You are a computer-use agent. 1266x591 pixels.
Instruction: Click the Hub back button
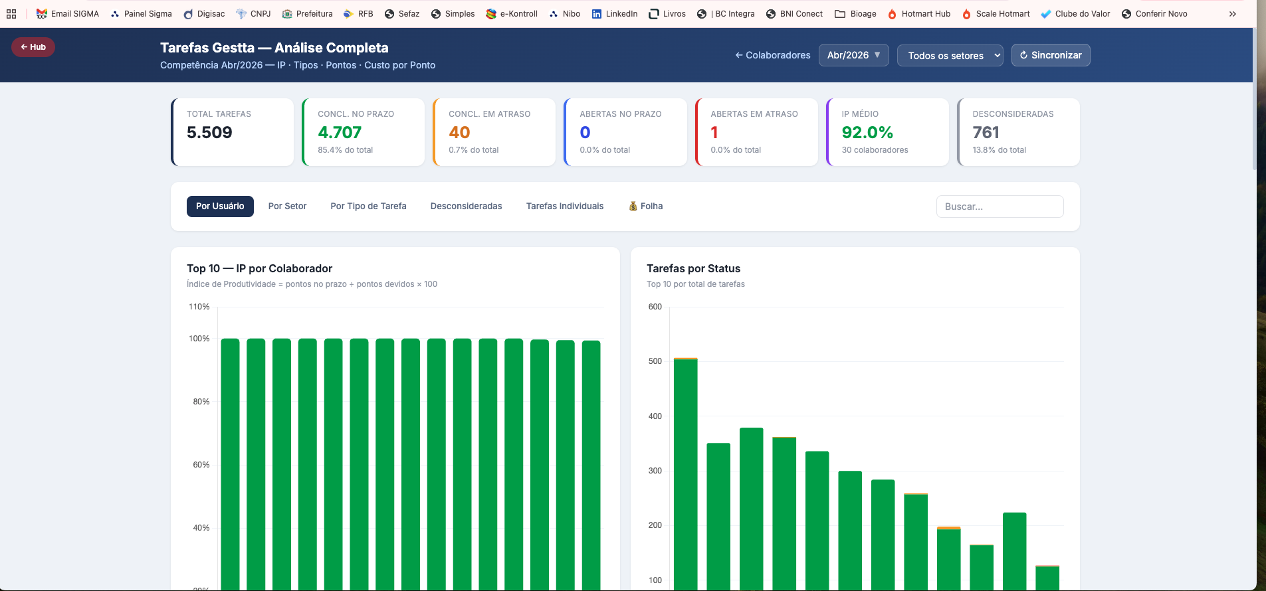click(33, 47)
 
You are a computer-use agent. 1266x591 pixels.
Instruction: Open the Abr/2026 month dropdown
click(853, 55)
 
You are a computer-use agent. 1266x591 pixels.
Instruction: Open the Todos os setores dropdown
click(950, 56)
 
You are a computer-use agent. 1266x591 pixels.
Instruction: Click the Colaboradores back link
click(772, 55)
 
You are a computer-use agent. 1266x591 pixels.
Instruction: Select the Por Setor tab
click(287, 207)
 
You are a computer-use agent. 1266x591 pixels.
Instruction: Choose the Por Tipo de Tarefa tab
click(368, 207)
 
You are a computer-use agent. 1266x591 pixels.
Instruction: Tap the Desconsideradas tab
click(466, 207)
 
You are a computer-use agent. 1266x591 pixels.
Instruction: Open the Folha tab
click(646, 207)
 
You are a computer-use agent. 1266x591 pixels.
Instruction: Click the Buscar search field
click(1000, 207)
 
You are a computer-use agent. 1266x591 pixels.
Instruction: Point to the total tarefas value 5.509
click(209, 133)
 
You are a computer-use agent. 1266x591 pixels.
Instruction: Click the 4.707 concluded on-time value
click(340, 133)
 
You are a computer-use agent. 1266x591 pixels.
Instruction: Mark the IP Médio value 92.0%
click(867, 133)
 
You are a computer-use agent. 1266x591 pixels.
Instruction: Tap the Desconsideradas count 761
click(986, 133)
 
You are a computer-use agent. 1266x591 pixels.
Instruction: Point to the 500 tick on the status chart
click(655, 361)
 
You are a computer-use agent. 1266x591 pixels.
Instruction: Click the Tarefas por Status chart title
click(693, 268)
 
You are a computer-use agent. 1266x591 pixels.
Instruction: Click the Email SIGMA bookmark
click(68, 14)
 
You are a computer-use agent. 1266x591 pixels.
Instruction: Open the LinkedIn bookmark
click(615, 14)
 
